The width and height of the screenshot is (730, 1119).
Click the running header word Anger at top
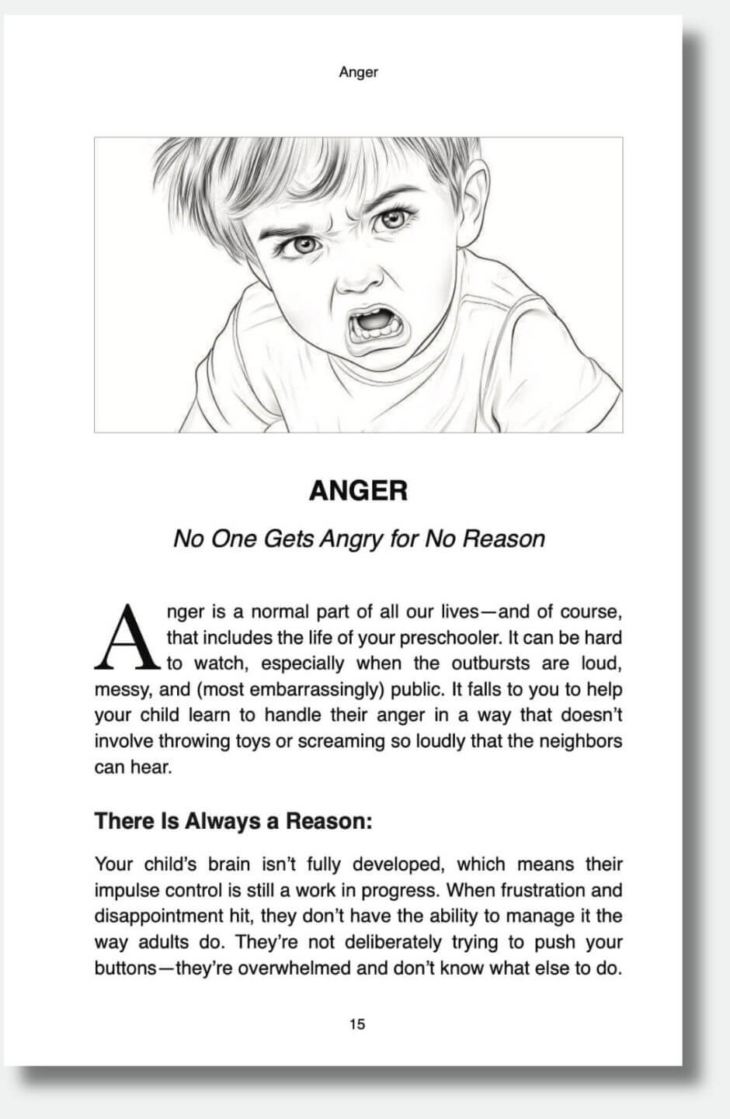[358, 72]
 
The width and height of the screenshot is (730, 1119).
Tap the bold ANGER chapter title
[358, 490]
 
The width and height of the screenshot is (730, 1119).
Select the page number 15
[357, 1024]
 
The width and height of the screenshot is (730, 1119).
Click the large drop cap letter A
[126, 638]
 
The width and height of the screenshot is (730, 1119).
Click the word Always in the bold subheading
[224, 821]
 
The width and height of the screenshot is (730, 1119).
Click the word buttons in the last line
[125, 968]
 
